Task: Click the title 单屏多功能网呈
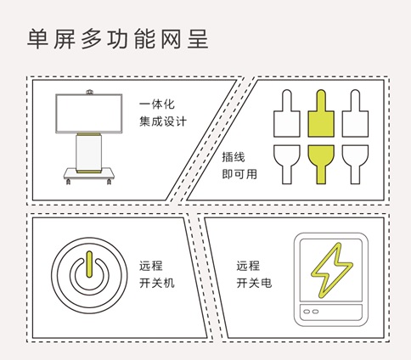point(118,39)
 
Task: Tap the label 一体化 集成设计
point(163,113)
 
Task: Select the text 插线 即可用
point(239,166)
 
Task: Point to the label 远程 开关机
point(157,274)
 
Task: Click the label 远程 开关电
point(254,274)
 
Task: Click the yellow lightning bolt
point(332,270)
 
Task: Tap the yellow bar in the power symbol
point(89,264)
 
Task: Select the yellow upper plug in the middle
point(321,114)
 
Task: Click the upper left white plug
point(287,114)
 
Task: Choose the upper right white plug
point(355,114)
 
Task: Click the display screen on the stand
point(89,114)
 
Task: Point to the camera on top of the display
point(90,92)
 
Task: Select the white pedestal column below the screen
point(88,153)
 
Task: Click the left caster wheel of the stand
point(68,182)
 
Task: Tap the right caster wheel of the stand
point(109,182)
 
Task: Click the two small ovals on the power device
point(311,312)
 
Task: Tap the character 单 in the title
point(37,39)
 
